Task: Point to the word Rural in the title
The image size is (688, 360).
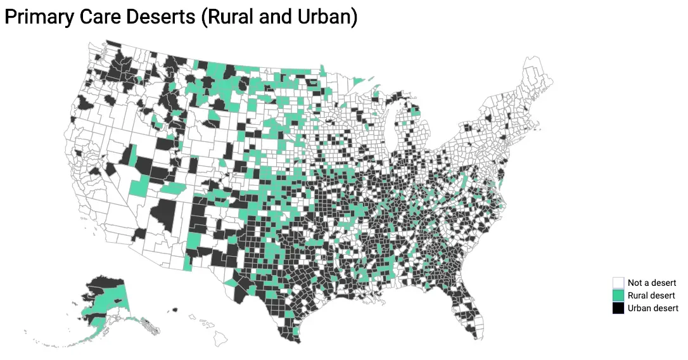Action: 230,17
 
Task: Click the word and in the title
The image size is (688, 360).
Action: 277,17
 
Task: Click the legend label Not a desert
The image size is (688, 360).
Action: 652,283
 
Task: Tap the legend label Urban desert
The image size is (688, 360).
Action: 653,309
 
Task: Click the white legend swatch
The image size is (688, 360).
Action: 618,283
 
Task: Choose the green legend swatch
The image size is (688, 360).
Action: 618,295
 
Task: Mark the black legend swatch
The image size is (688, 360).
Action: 618,309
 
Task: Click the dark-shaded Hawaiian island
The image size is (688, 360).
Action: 175,310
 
